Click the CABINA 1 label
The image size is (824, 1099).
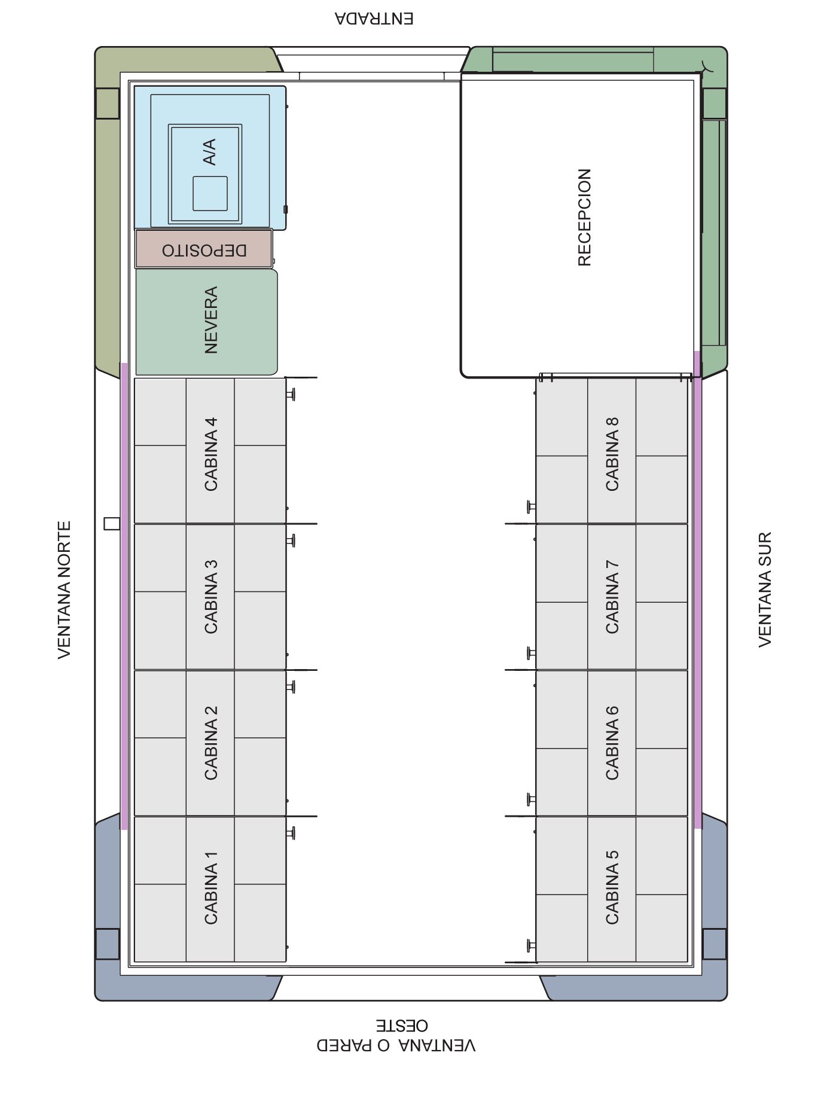tap(210, 887)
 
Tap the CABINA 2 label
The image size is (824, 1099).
tap(210, 742)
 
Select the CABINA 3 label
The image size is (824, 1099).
tap(210, 596)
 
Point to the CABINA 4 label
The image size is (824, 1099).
tap(210, 454)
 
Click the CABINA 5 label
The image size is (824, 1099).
tap(612, 887)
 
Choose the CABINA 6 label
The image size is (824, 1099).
tap(612, 742)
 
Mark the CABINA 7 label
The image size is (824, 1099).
tap(612, 596)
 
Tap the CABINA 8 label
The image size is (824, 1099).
tap(612, 454)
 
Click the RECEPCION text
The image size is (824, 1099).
tap(584, 217)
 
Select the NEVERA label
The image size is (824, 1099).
tap(210, 320)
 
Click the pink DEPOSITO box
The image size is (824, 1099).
tap(204, 249)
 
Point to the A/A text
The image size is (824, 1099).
tap(209, 152)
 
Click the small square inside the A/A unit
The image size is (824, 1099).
tap(210, 194)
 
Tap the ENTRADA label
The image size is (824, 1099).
tap(374, 19)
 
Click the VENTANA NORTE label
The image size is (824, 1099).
tap(65, 590)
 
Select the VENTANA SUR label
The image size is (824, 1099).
tap(765, 589)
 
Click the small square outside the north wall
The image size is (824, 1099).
tap(111, 524)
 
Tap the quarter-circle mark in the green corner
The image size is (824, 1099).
tap(709, 65)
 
